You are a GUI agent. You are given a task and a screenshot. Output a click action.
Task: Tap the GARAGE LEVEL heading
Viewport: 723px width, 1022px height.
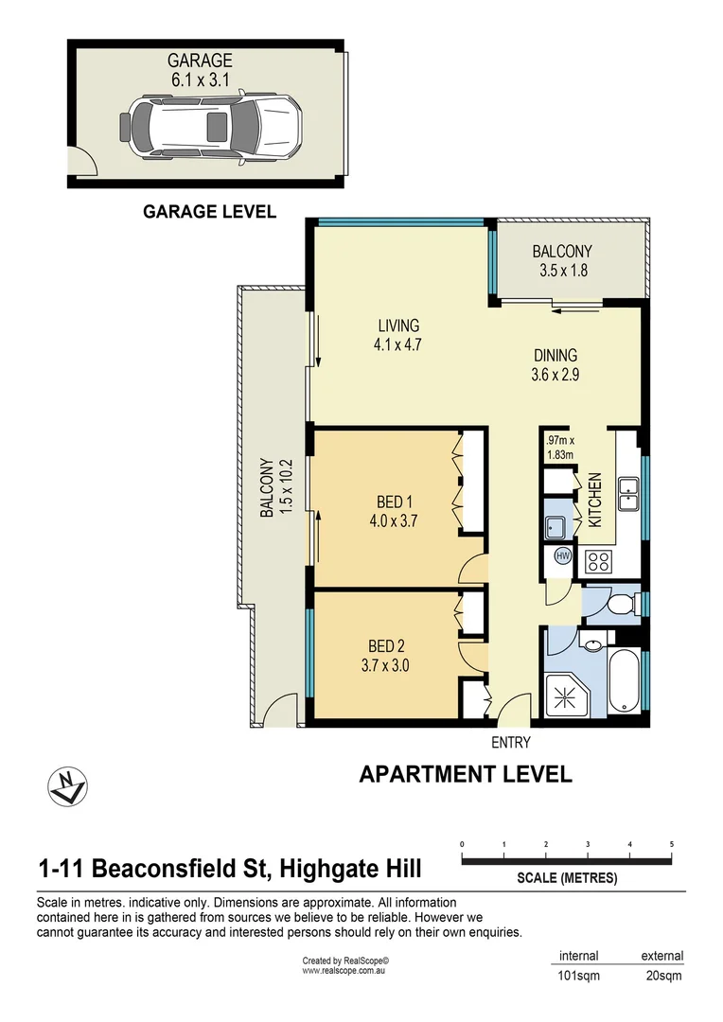tap(209, 212)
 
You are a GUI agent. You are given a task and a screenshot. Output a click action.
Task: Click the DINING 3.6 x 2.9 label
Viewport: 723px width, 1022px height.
tap(555, 364)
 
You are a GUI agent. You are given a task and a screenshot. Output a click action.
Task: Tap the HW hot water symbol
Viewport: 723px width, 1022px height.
tap(562, 555)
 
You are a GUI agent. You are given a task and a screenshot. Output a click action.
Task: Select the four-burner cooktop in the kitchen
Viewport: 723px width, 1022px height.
tap(598, 561)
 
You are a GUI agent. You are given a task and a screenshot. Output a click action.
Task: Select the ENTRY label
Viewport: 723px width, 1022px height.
tap(511, 743)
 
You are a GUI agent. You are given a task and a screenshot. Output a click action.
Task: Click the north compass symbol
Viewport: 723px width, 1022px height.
tap(67, 784)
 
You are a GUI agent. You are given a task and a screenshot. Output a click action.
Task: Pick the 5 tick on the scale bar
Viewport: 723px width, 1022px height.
tap(671, 844)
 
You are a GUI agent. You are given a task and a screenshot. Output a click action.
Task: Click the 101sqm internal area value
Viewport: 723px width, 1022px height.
tap(578, 976)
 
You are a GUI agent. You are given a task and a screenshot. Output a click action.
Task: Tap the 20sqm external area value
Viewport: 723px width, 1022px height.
tap(661, 976)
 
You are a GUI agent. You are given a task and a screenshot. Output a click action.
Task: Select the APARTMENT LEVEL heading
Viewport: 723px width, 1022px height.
tap(466, 774)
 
